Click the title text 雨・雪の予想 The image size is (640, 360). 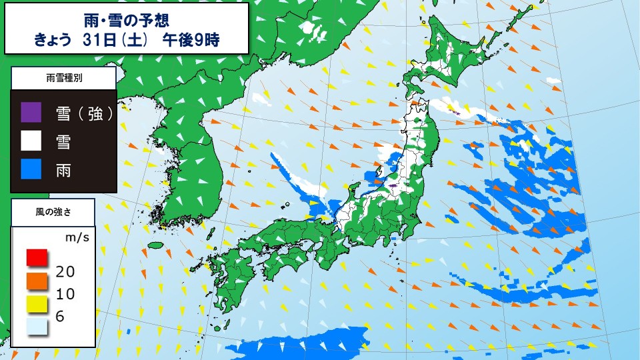[x=127, y=17]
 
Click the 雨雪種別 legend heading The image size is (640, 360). [x=64, y=78]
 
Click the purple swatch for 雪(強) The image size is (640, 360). [x=31, y=113]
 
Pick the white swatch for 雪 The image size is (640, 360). [x=31, y=141]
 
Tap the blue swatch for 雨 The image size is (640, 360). [x=31, y=170]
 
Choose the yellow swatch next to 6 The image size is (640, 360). [x=37, y=304]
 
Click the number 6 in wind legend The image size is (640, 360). [x=60, y=317]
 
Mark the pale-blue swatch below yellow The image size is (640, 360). [x=37, y=327]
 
